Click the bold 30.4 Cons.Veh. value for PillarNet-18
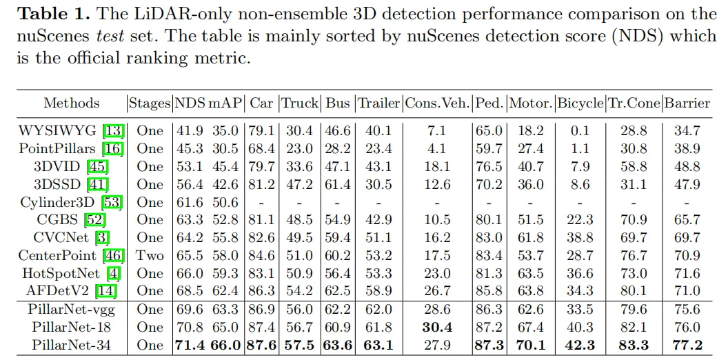tap(436, 327)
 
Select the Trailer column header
tap(378, 103)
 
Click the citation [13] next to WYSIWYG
tap(112, 130)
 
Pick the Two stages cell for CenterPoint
tap(150, 255)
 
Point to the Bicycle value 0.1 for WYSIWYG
tap(580, 130)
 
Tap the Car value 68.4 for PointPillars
tap(261, 148)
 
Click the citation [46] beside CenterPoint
tap(112, 255)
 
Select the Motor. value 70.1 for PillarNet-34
tap(530, 345)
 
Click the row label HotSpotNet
tap(54, 273)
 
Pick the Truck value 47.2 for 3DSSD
tap(299, 184)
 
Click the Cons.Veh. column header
tap(437, 103)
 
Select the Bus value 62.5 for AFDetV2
tap(338, 291)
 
